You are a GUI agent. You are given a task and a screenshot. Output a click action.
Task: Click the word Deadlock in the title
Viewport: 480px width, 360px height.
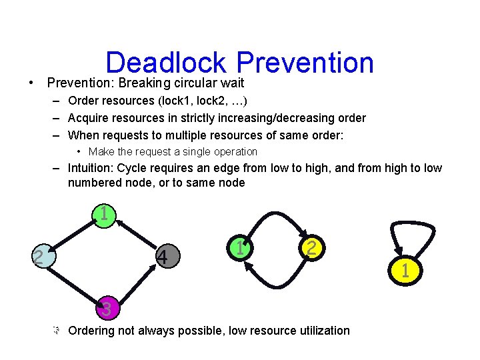167,63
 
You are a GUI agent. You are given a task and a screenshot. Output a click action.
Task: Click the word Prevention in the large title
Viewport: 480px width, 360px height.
305,63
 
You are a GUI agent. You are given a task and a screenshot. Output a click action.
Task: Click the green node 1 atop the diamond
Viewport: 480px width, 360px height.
105,215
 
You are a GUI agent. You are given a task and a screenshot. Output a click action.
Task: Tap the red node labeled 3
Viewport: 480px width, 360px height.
105,309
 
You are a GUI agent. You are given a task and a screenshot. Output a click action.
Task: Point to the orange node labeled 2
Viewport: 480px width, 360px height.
311,248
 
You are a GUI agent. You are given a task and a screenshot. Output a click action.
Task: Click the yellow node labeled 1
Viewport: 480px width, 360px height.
405,271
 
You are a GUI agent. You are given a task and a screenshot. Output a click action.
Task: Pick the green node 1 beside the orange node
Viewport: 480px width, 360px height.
238,249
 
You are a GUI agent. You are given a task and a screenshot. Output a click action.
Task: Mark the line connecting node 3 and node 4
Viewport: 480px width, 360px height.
135,283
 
